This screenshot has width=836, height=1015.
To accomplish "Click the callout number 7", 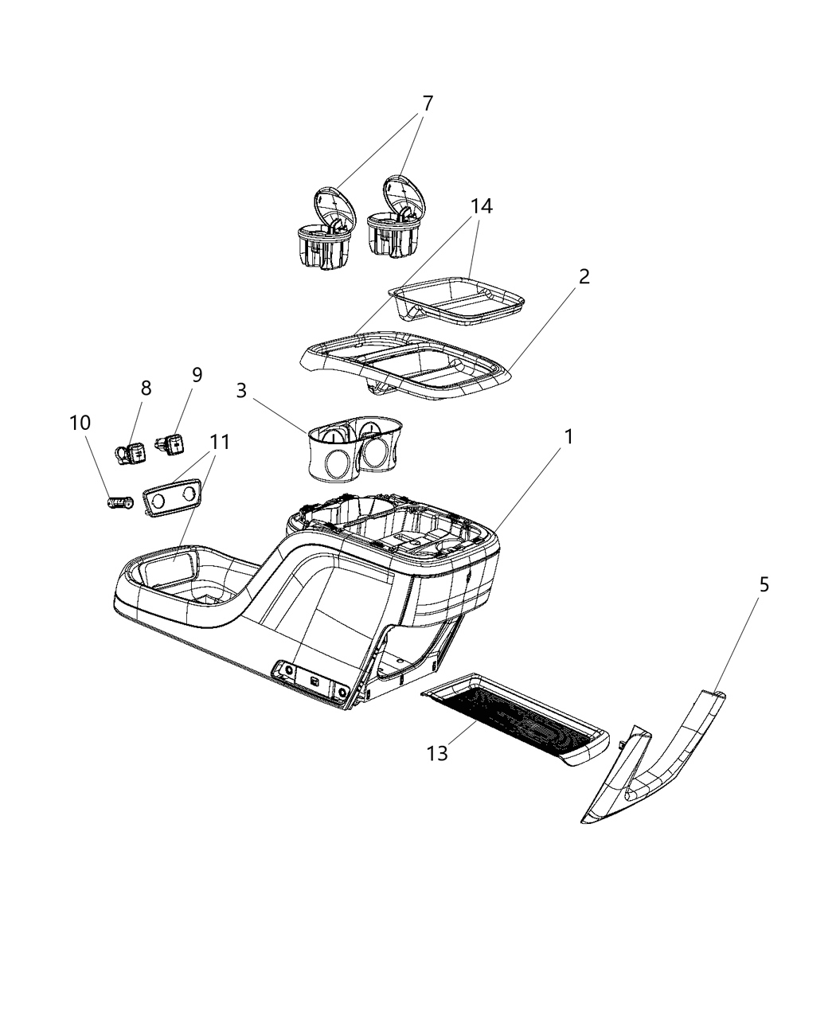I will (x=428, y=103).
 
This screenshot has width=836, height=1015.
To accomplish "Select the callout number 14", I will (x=481, y=206).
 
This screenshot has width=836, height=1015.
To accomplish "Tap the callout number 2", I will (x=584, y=277).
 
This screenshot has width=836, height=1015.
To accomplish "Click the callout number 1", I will (x=568, y=436).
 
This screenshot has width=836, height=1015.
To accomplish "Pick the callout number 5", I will (x=763, y=585).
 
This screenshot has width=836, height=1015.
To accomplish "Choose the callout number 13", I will (x=437, y=752).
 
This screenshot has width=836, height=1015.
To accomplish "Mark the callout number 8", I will (x=146, y=388).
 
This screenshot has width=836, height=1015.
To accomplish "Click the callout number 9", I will (x=197, y=375).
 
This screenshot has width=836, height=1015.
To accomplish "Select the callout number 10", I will (x=80, y=423).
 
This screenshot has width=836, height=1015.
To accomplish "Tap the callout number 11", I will (x=219, y=443).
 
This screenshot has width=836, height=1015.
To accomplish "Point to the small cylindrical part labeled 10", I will (x=120, y=503).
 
